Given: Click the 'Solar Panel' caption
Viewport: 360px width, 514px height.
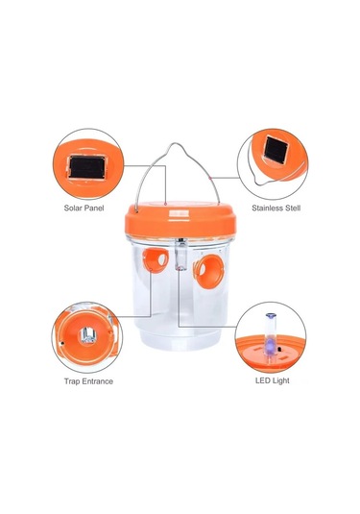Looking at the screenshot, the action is click(x=84, y=208).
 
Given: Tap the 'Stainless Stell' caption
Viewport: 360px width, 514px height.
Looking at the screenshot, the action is click(x=276, y=208).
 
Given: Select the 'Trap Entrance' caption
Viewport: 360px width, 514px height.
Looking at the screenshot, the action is click(x=88, y=381).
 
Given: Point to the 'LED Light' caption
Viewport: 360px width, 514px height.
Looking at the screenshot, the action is click(x=273, y=380).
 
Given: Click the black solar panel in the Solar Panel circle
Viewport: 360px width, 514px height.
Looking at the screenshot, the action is click(x=87, y=167).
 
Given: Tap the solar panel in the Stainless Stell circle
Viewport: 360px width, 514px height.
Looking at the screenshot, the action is click(x=276, y=150).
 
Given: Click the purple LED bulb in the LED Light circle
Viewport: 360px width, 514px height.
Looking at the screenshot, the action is click(x=271, y=346).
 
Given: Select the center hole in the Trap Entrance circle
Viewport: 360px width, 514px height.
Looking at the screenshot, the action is click(x=88, y=335).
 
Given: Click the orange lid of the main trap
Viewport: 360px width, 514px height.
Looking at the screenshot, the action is click(x=180, y=219).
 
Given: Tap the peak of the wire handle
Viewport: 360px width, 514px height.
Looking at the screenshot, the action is click(x=176, y=143).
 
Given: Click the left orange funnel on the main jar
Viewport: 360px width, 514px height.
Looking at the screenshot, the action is click(x=156, y=260).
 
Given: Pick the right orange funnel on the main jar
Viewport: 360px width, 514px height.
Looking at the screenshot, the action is click(x=208, y=272).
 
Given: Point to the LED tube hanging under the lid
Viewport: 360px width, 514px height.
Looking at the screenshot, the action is click(x=181, y=254).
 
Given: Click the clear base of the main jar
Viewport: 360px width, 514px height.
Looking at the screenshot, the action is click(x=180, y=338).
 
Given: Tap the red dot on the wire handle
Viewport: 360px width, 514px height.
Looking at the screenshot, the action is click(x=209, y=178).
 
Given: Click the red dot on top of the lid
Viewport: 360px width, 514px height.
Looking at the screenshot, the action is click(x=166, y=204).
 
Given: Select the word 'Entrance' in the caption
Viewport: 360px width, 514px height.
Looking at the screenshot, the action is click(x=97, y=381).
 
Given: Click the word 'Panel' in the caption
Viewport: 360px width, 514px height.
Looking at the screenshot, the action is click(x=94, y=208).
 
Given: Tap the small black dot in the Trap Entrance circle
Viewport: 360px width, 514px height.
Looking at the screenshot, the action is click(x=62, y=344).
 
